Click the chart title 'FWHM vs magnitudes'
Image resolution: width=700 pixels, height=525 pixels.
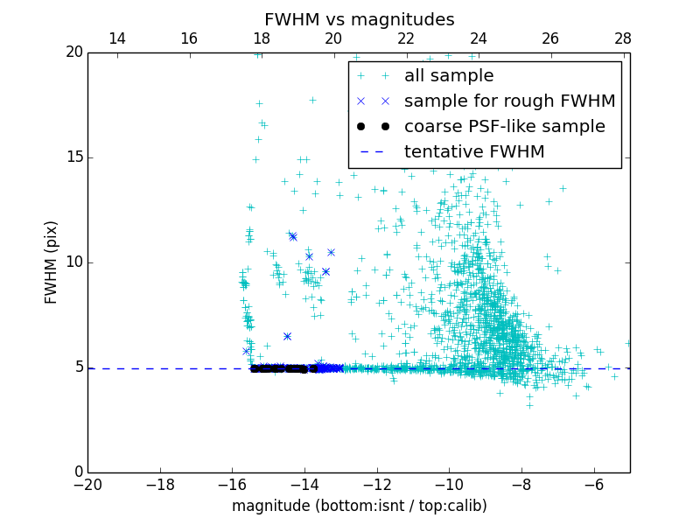359,19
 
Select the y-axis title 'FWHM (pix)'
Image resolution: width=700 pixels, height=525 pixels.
52,262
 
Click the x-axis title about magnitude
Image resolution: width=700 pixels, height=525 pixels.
359,506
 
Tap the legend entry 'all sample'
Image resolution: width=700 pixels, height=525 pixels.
449,76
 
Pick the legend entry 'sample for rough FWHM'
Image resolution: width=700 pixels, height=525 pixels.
509,101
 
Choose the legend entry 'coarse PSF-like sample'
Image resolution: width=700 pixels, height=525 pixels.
504,127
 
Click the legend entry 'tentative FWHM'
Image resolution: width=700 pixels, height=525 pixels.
474,152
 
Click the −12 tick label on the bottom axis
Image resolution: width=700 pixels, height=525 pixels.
376,484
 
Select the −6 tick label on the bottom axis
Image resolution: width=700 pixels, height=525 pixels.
593,484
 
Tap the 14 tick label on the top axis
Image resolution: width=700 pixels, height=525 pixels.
116,38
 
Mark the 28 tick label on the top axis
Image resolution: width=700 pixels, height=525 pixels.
623,38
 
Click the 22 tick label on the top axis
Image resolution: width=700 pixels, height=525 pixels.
406,38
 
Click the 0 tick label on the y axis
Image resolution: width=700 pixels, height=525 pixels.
77,472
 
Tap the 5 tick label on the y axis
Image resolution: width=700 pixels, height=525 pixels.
77,367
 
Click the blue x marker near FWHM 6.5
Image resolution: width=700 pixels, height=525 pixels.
287,336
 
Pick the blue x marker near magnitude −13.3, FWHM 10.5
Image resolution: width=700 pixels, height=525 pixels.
331,252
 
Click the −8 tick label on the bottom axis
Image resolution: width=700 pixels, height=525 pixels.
521,484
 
